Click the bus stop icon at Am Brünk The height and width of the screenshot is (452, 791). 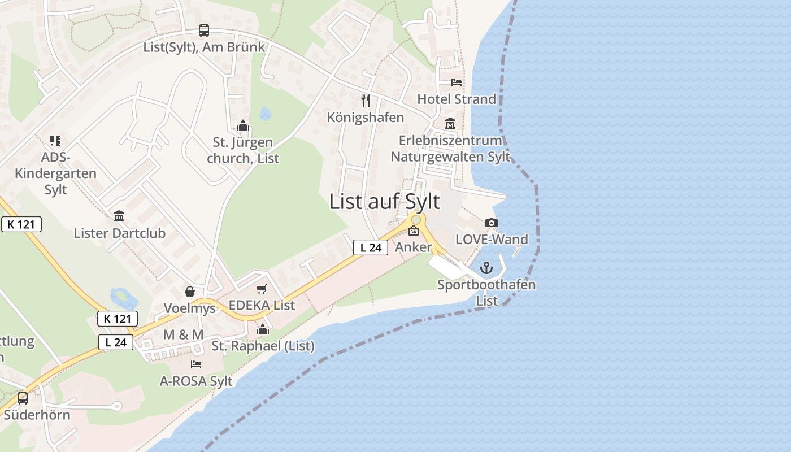(204, 31)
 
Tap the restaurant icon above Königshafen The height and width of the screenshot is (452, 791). (366, 101)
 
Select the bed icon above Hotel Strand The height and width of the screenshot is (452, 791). (457, 82)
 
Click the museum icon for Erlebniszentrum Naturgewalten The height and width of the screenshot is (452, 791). (450, 123)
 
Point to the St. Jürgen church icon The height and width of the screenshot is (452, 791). (243, 125)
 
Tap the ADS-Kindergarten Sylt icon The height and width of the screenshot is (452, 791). (55, 140)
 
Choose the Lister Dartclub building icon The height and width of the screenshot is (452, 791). (119, 216)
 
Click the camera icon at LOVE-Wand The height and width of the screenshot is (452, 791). (492, 223)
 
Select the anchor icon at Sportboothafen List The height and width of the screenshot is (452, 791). (486, 268)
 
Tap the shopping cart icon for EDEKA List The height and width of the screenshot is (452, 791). (261, 289)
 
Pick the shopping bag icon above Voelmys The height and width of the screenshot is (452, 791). (190, 292)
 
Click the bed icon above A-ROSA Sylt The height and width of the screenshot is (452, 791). (196, 364)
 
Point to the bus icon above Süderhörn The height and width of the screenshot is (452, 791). (23, 398)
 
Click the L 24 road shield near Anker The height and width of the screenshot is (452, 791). (371, 247)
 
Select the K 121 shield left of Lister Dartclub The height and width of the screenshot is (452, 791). (21, 224)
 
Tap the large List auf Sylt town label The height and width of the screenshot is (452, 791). (384, 202)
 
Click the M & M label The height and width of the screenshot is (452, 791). (183, 334)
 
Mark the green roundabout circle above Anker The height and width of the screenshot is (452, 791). (416, 219)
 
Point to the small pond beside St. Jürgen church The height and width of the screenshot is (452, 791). (266, 114)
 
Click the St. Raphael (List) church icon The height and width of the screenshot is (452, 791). (263, 329)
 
